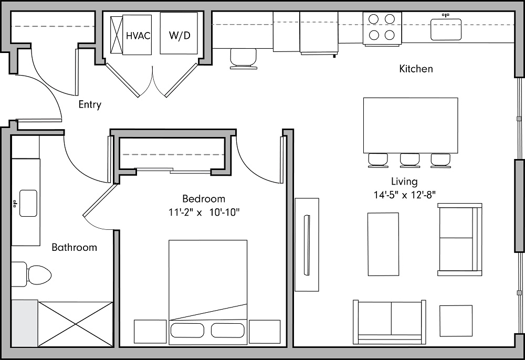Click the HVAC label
[x=138, y=36]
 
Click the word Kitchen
[x=416, y=69]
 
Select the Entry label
[x=90, y=104]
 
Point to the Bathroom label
[x=74, y=247]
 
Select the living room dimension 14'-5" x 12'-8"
[x=404, y=195]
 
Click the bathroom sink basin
[x=27, y=203]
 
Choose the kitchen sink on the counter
[x=446, y=29]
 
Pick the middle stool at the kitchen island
[x=409, y=160]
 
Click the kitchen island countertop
[x=410, y=125]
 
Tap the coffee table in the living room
[x=383, y=244]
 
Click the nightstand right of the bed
[x=265, y=332]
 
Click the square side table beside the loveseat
[x=455, y=321]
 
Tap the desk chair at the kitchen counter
[x=244, y=58]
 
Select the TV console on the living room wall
[x=307, y=244]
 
